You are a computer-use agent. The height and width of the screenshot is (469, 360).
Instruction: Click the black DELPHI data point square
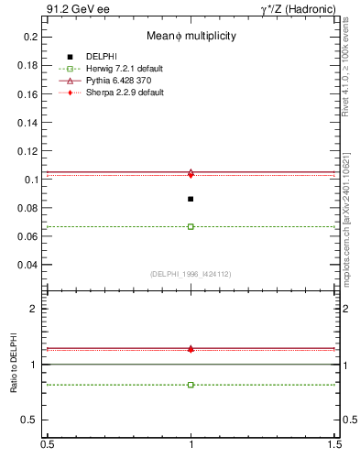pos(191,199)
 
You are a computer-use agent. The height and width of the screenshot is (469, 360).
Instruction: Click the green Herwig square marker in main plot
pos(191,226)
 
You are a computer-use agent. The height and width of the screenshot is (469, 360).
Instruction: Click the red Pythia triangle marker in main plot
pos(191,173)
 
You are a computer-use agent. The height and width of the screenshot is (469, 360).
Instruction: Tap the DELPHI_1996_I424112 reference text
pos(191,273)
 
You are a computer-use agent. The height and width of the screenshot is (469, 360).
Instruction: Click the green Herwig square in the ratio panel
pos(191,385)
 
